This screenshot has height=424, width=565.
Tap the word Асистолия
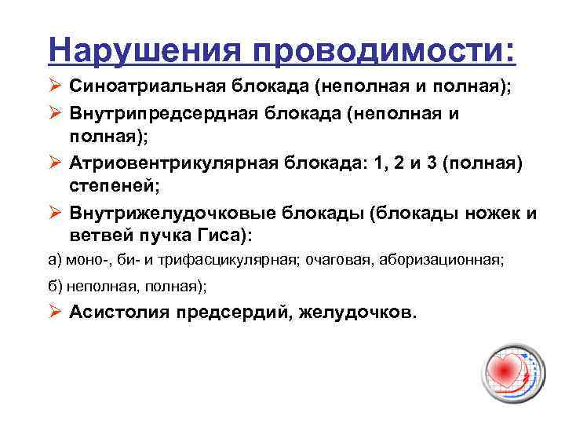coord(120,313)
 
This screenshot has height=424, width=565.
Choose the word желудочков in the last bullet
coord(359,313)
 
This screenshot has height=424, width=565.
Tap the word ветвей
coord(97,237)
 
